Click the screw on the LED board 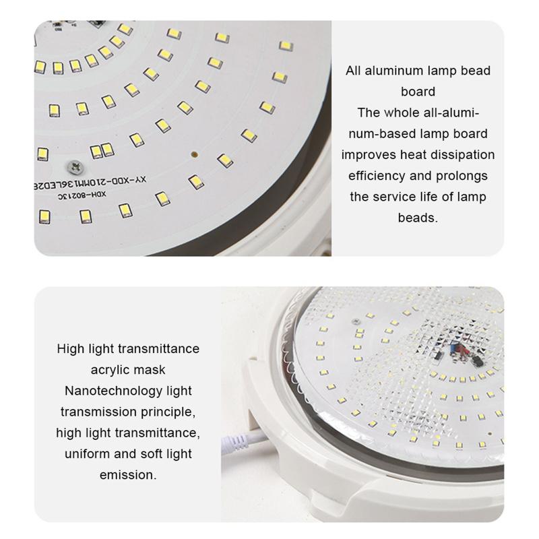coord(75,165)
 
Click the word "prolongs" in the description coord(462,176)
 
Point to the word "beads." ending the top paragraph coord(418,218)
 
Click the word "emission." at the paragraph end coord(128,474)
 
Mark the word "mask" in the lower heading coord(152,370)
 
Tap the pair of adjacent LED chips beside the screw coord(101,150)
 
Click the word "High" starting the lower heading coord(70,349)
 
